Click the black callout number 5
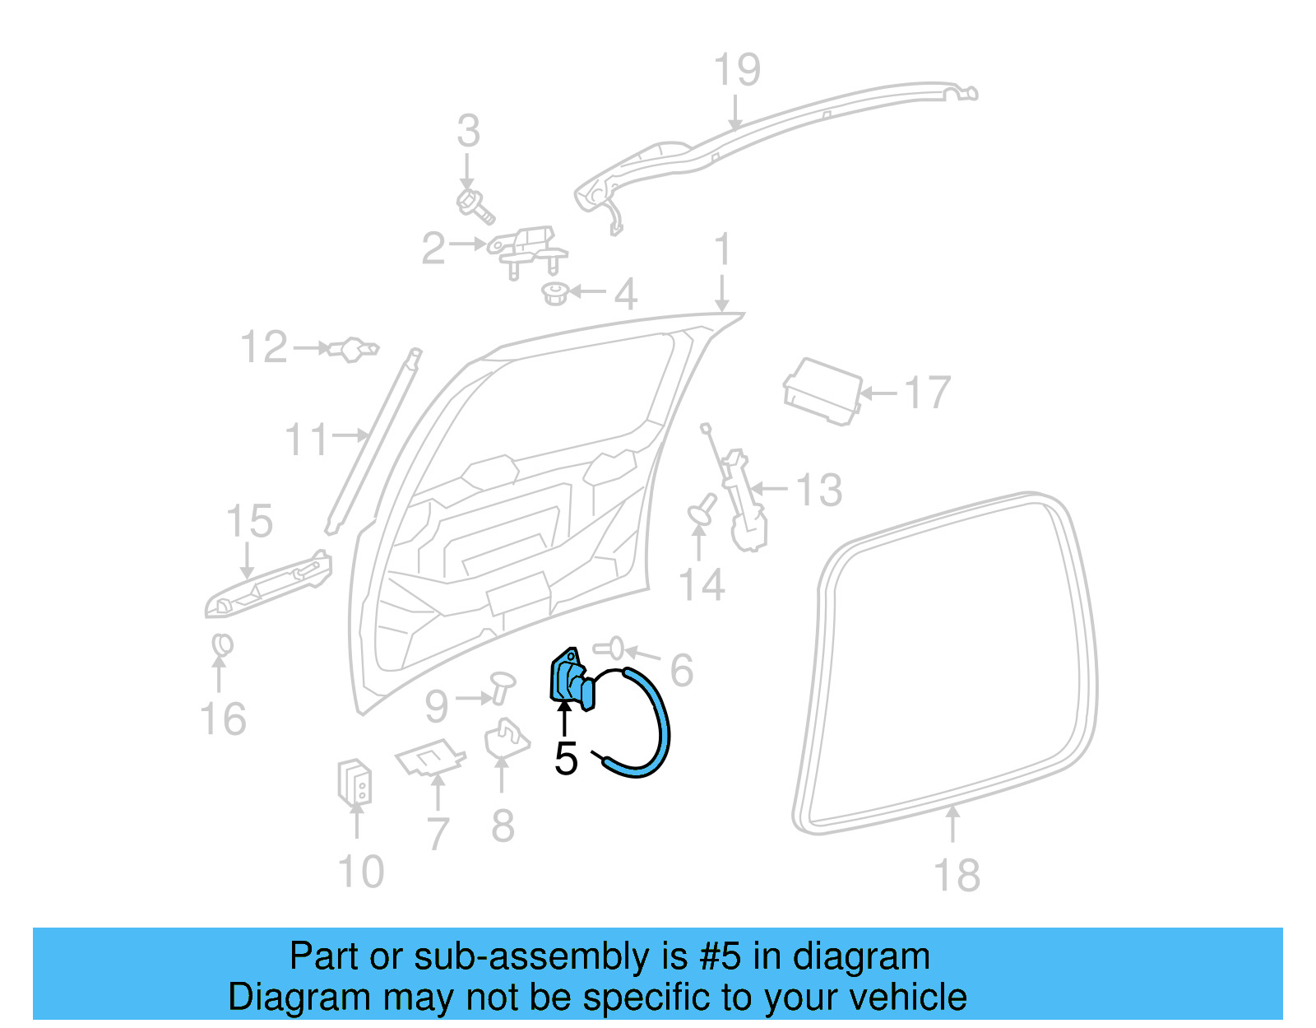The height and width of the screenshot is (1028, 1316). [x=566, y=758]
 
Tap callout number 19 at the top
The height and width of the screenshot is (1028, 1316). [x=737, y=70]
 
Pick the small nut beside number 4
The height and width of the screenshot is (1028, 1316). [x=556, y=292]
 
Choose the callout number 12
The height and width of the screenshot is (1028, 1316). [x=264, y=347]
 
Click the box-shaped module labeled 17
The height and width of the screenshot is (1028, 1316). [x=822, y=391]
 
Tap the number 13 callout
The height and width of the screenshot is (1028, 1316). [x=818, y=491]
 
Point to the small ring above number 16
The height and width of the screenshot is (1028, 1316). [x=222, y=645]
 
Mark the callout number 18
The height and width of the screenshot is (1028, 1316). [x=956, y=875]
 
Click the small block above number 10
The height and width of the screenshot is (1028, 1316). [x=354, y=782]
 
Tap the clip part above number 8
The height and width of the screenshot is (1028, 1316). [x=505, y=739]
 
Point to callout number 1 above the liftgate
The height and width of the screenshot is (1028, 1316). [x=722, y=249]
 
